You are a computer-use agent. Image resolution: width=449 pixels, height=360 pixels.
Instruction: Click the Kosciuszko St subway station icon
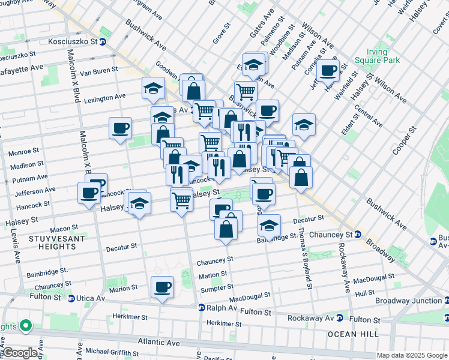pos(103,42)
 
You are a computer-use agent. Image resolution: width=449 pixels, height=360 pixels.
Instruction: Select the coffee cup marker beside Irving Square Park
pos(328,71)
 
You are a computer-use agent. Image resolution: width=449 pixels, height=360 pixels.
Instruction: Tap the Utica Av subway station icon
pos(71,298)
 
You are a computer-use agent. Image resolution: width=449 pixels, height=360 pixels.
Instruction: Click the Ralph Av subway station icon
pos(202,307)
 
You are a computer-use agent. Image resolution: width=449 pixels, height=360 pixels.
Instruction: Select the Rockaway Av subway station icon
pos(339,318)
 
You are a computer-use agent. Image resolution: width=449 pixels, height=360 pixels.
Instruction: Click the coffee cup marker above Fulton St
pos(161,287)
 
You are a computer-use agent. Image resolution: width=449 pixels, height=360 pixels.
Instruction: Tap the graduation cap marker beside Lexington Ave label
pos(153,89)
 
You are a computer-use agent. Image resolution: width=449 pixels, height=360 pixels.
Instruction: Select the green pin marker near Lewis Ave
pos(25,326)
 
